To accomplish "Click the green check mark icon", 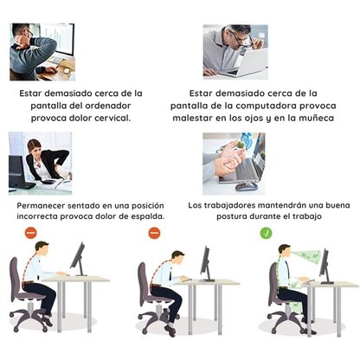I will (x=267, y=233).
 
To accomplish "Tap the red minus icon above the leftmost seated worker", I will (x=30, y=233).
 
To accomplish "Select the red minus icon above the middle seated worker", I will (x=154, y=233).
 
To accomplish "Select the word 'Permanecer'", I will (x=46, y=204).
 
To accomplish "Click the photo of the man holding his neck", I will (x=42, y=51).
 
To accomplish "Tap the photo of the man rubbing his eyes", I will (x=235, y=49).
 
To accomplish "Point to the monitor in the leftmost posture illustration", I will (x=79, y=259).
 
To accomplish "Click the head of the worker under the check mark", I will (x=283, y=253).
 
